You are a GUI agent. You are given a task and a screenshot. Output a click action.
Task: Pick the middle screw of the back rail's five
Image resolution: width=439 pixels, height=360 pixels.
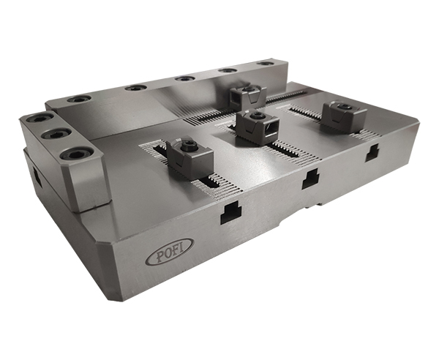(184, 78)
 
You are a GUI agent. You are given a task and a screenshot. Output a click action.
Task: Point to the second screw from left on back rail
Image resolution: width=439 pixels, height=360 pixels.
(133, 88)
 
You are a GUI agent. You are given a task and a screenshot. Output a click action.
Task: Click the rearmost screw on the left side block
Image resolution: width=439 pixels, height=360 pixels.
(40, 119)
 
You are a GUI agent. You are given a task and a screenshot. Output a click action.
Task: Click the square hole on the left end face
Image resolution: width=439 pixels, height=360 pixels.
(34, 177)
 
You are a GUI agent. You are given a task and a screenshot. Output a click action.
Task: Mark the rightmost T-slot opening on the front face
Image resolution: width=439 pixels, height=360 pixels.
(372, 153)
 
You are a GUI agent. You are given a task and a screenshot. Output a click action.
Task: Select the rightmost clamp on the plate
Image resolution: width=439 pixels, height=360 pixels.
(344, 116)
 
